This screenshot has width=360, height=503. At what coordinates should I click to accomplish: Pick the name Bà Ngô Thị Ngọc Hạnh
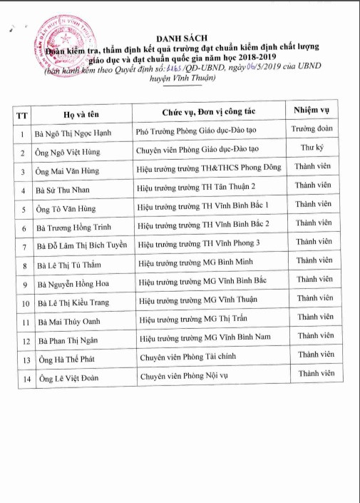pos(73,133)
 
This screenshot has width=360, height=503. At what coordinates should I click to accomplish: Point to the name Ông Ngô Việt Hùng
pos(68,152)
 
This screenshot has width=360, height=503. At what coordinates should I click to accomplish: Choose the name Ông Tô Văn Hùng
pos(66,208)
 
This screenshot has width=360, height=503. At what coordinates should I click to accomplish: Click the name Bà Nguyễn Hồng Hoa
pos(71,283)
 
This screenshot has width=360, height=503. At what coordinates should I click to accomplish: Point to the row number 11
pos(24,321)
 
